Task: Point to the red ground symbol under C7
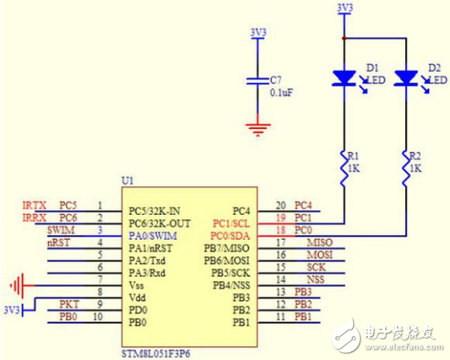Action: (257, 127)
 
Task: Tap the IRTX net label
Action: (34, 205)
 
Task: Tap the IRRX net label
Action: (34, 217)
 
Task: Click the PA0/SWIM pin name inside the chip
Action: (152, 236)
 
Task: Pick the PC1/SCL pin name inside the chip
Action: (231, 224)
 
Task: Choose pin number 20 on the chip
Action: (281, 206)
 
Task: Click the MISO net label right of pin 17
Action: (319, 243)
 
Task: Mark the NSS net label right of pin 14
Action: (316, 280)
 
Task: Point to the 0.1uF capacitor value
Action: (280, 91)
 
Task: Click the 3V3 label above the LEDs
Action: (343, 8)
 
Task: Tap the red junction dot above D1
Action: (343, 37)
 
